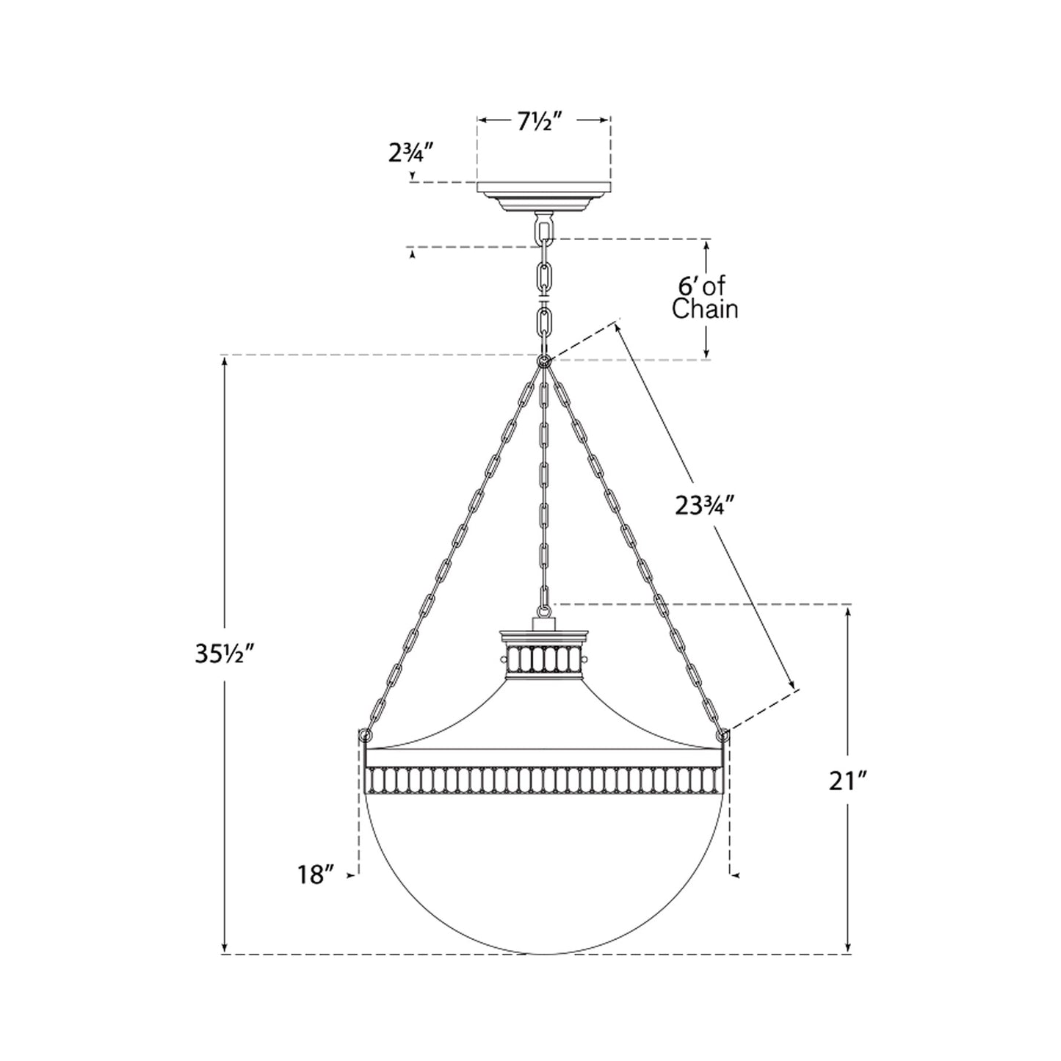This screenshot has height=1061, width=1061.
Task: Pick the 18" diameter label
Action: click(316, 874)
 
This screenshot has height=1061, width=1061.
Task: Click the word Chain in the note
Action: click(705, 309)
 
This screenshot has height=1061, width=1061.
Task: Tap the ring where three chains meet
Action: click(544, 361)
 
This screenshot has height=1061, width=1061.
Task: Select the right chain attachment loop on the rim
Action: click(724, 735)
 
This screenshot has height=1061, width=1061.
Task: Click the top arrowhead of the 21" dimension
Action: click(849, 611)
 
